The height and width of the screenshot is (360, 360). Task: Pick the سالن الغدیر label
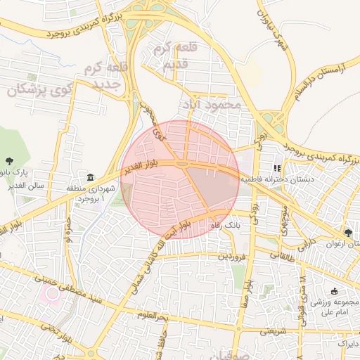click(32, 186)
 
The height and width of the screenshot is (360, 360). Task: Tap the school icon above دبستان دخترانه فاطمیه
click(277, 169)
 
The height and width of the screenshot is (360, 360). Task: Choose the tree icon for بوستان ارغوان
click(348, 233)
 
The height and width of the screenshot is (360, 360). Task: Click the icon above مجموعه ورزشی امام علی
click(333, 291)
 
